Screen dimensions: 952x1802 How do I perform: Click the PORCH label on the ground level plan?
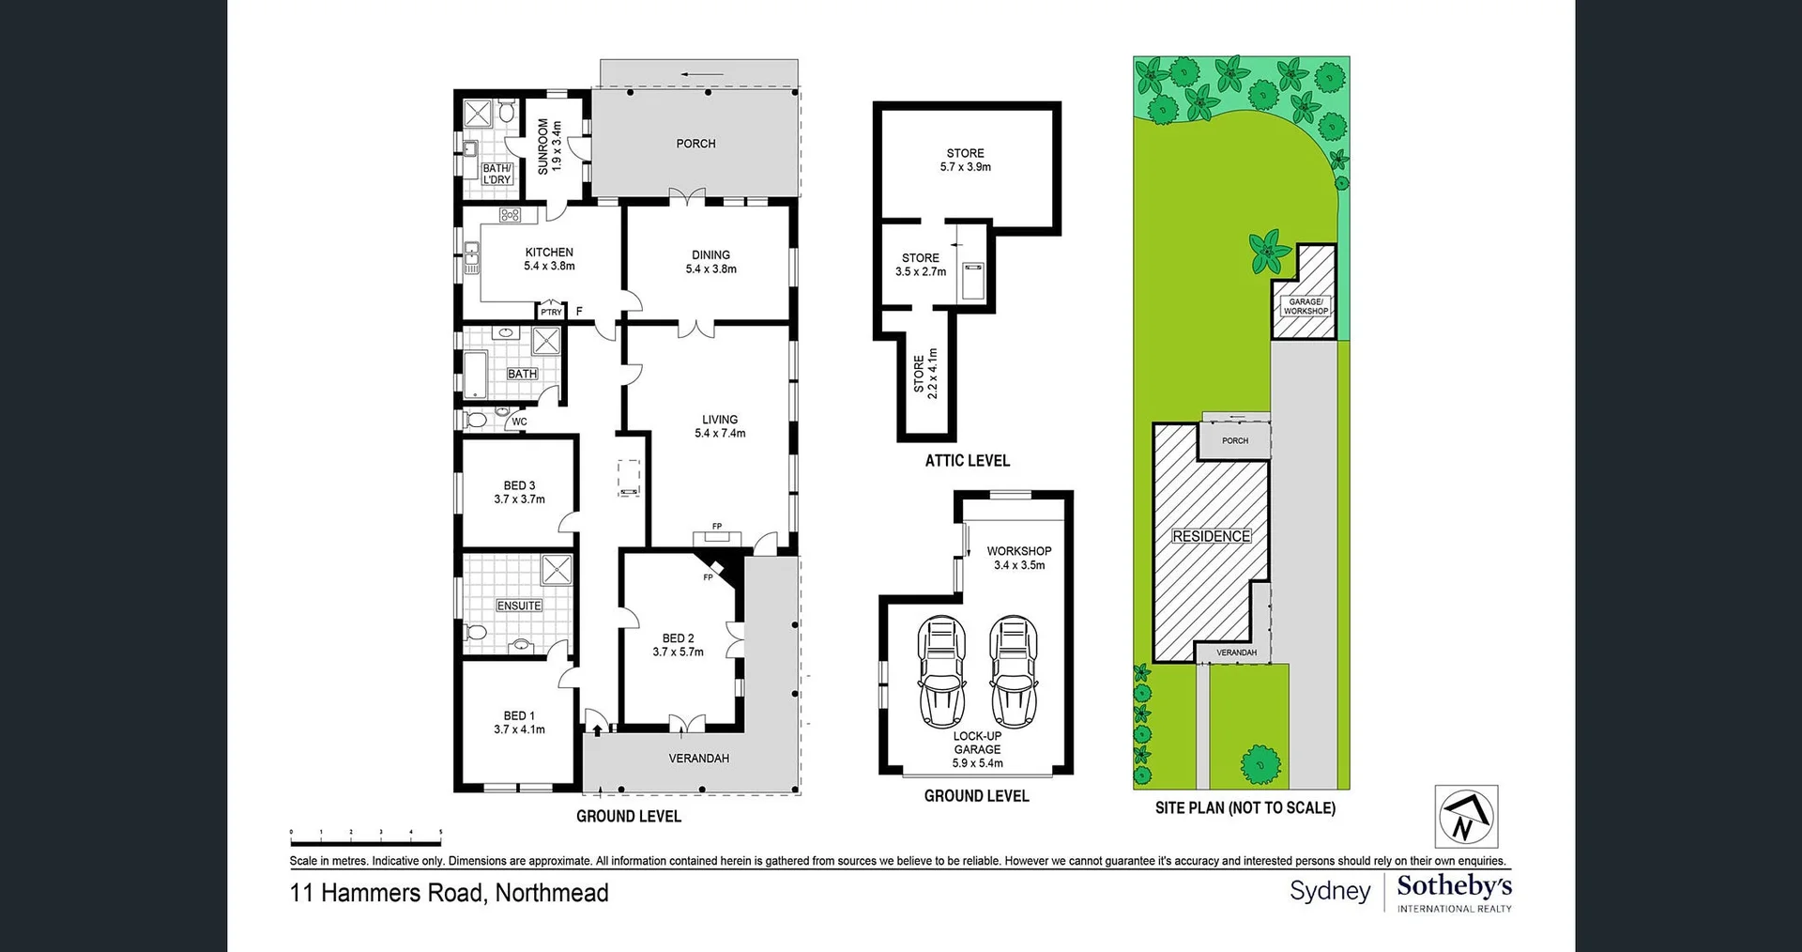(695, 144)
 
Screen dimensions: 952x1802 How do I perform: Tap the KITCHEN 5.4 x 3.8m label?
(549, 259)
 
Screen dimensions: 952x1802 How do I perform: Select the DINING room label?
(710, 255)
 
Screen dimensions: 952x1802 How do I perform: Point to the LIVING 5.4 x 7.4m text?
(720, 426)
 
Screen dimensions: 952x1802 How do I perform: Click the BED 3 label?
(519, 486)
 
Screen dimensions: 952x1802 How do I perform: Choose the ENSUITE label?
(519, 606)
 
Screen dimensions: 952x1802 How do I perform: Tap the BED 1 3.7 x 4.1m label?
(519, 722)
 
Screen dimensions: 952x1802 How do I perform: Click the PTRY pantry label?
(551, 312)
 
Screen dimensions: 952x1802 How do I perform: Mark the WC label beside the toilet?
(519, 422)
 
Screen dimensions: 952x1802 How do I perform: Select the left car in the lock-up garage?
(941, 671)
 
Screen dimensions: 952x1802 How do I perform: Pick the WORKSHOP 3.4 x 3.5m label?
(1018, 558)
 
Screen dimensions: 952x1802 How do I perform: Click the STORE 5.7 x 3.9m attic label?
(966, 160)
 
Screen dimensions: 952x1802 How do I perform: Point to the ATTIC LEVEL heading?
(967, 460)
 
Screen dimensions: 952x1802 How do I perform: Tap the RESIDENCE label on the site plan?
(1211, 536)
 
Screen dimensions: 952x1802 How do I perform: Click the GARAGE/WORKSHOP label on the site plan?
(1306, 306)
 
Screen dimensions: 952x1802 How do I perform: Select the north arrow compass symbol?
(1466, 817)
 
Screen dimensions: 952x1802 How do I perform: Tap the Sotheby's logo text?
(1454, 885)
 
